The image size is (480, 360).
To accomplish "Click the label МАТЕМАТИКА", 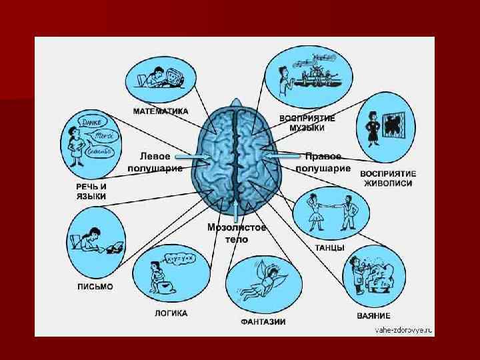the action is pos(160,111).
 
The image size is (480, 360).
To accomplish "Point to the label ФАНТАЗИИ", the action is pos(263,322).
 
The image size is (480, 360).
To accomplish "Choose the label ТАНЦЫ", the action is pos(330,247).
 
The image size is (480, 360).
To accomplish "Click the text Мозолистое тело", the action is pos(237,233).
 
